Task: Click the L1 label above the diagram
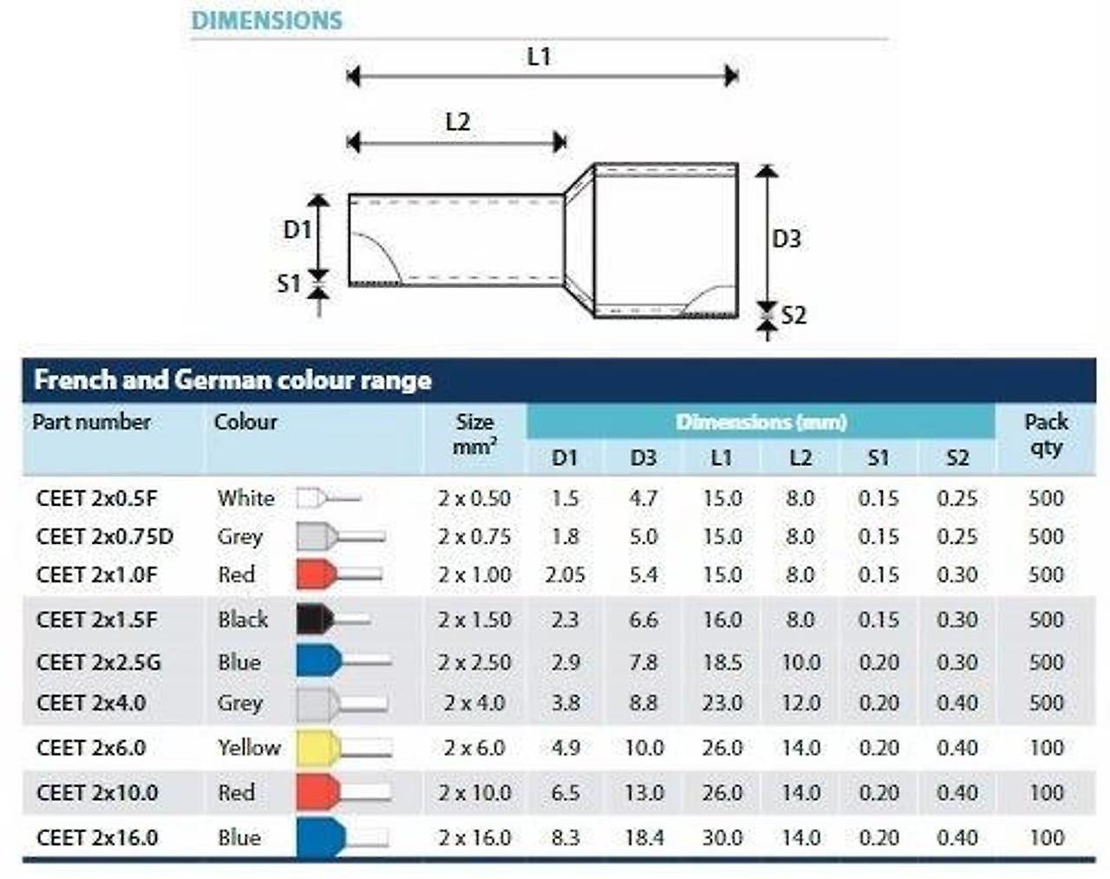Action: coord(539,56)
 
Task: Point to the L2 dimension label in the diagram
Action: coord(458,121)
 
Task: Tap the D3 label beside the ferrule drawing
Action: coord(787,239)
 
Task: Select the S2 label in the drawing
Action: coord(793,315)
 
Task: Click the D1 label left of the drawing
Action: coord(297,229)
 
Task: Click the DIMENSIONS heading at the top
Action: coord(267,21)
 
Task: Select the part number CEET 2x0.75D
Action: coord(105,536)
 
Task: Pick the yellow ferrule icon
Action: coord(344,747)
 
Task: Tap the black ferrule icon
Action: coord(333,619)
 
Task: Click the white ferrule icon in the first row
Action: coord(329,498)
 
